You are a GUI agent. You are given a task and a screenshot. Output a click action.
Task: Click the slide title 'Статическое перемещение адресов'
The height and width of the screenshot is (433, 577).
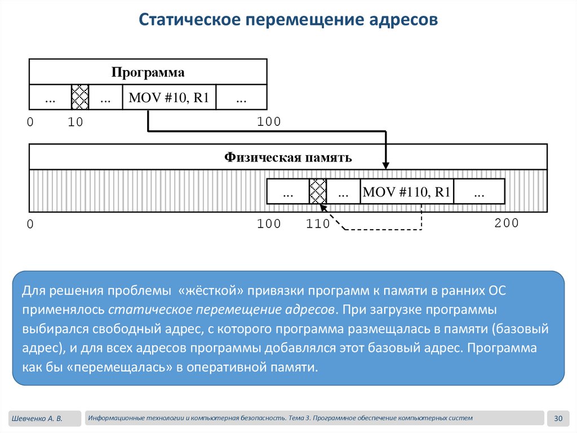288,20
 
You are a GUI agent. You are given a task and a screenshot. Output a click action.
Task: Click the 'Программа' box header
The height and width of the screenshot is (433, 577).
148,72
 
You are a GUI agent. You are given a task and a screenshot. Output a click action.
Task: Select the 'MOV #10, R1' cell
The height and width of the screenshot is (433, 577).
169,98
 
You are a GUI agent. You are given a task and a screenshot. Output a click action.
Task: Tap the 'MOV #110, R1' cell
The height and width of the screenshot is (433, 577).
407,192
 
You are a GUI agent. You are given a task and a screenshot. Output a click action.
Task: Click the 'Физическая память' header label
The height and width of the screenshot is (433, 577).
288,157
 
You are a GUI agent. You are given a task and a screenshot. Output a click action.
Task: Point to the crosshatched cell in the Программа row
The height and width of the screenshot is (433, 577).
80,97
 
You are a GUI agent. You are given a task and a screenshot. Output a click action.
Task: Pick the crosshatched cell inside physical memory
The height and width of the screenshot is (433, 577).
318,192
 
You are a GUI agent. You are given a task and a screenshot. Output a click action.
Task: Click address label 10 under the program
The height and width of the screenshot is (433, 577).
75,122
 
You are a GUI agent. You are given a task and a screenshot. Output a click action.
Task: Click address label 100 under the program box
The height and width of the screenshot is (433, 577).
269,121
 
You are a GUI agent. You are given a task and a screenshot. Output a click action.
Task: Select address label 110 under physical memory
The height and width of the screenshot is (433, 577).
318,224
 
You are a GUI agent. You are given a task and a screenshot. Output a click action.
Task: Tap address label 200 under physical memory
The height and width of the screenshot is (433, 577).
506,223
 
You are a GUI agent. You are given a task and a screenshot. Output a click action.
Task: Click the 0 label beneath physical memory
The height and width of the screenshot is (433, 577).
30,225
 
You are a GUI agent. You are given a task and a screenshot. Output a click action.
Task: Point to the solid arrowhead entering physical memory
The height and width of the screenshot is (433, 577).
385,165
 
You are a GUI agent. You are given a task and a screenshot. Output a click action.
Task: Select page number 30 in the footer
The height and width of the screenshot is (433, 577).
558,418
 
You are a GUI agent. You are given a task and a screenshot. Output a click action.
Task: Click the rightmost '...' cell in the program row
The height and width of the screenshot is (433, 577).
241,98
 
